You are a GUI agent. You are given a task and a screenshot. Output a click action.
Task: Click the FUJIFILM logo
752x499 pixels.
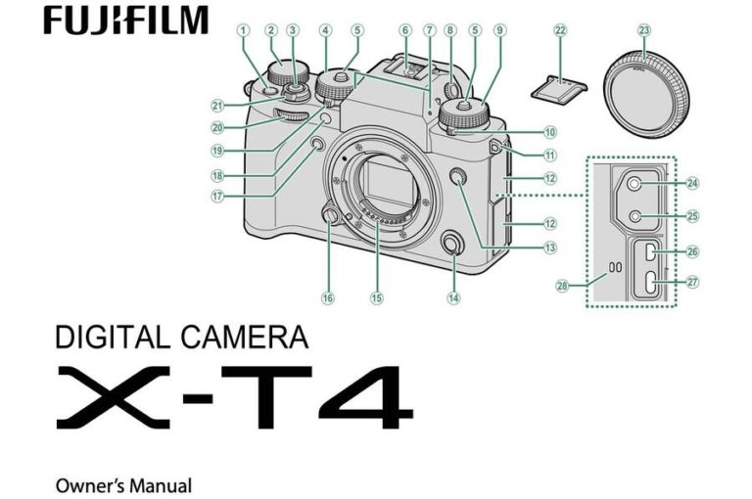click(125, 20)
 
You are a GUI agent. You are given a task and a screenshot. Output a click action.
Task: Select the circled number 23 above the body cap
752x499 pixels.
click(643, 30)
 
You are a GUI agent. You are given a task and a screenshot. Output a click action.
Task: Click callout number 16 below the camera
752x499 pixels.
click(328, 297)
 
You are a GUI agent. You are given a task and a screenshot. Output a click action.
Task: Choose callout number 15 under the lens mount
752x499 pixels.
click(377, 297)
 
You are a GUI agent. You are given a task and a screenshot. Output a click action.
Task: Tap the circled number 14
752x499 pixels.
click(452, 297)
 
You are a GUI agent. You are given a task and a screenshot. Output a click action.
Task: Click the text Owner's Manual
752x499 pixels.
click(123, 484)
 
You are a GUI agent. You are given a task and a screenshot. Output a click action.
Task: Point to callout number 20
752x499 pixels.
click(216, 127)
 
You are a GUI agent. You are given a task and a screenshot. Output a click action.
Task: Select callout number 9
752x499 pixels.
click(500, 30)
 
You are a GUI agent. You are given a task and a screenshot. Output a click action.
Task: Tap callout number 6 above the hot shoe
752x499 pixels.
click(404, 30)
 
